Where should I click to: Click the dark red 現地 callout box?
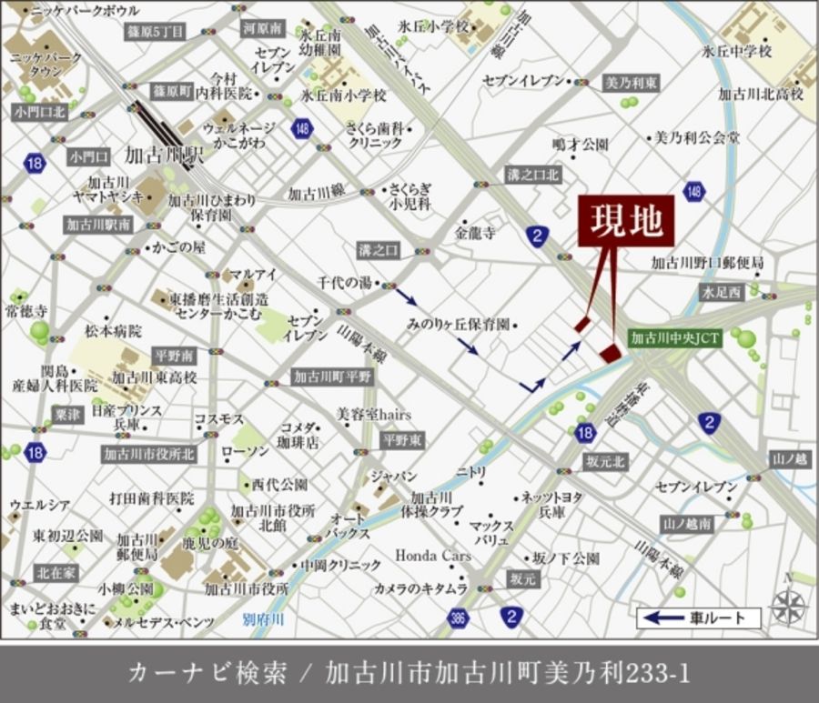[x=626, y=221]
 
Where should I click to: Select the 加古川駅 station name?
[x=169, y=155]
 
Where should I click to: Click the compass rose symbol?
[x=788, y=603]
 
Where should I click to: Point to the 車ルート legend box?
[x=698, y=618]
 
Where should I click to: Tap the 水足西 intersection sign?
[x=722, y=292]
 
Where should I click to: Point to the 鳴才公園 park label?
[x=580, y=145]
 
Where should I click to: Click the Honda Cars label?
[x=432, y=555]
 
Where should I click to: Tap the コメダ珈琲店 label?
[x=299, y=436]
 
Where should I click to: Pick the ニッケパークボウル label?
[x=85, y=11]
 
